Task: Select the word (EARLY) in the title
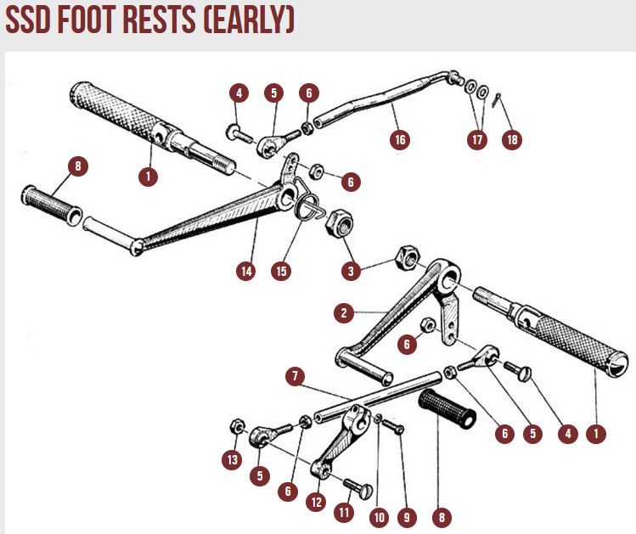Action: point(250,20)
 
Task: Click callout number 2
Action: point(344,313)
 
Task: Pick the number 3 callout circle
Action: point(349,272)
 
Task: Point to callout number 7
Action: point(295,374)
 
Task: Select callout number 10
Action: point(378,515)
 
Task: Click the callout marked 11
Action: point(343,513)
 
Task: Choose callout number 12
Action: point(317,501)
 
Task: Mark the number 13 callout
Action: point(232,460)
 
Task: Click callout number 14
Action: point(246,272)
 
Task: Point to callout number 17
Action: point(478,139)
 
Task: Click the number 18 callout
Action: point(511,139)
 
